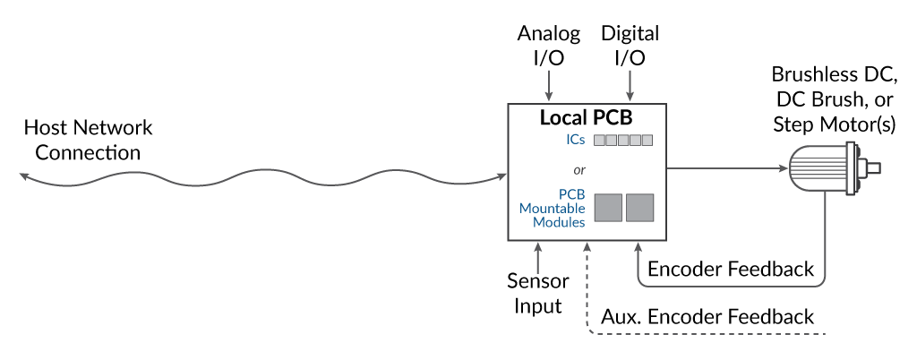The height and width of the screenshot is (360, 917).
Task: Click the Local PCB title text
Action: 587,118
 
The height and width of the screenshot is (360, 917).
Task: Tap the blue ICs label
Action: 576,141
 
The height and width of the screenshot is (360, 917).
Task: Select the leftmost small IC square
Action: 600,141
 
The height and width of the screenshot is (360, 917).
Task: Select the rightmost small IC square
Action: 647,141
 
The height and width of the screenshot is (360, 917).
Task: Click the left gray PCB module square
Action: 609,207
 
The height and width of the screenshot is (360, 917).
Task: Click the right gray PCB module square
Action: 639,207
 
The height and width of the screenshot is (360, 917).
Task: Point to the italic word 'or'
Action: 578,170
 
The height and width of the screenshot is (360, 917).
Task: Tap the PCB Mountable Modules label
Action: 553,208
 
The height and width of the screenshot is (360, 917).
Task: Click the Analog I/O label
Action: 549,46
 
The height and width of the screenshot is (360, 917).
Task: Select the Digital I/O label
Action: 630,46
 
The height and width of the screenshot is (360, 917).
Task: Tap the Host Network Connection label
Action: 88,140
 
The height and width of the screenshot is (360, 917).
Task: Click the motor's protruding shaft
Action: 873,167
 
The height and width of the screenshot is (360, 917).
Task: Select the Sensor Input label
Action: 537,294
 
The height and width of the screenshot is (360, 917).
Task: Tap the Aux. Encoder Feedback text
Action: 707,316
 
